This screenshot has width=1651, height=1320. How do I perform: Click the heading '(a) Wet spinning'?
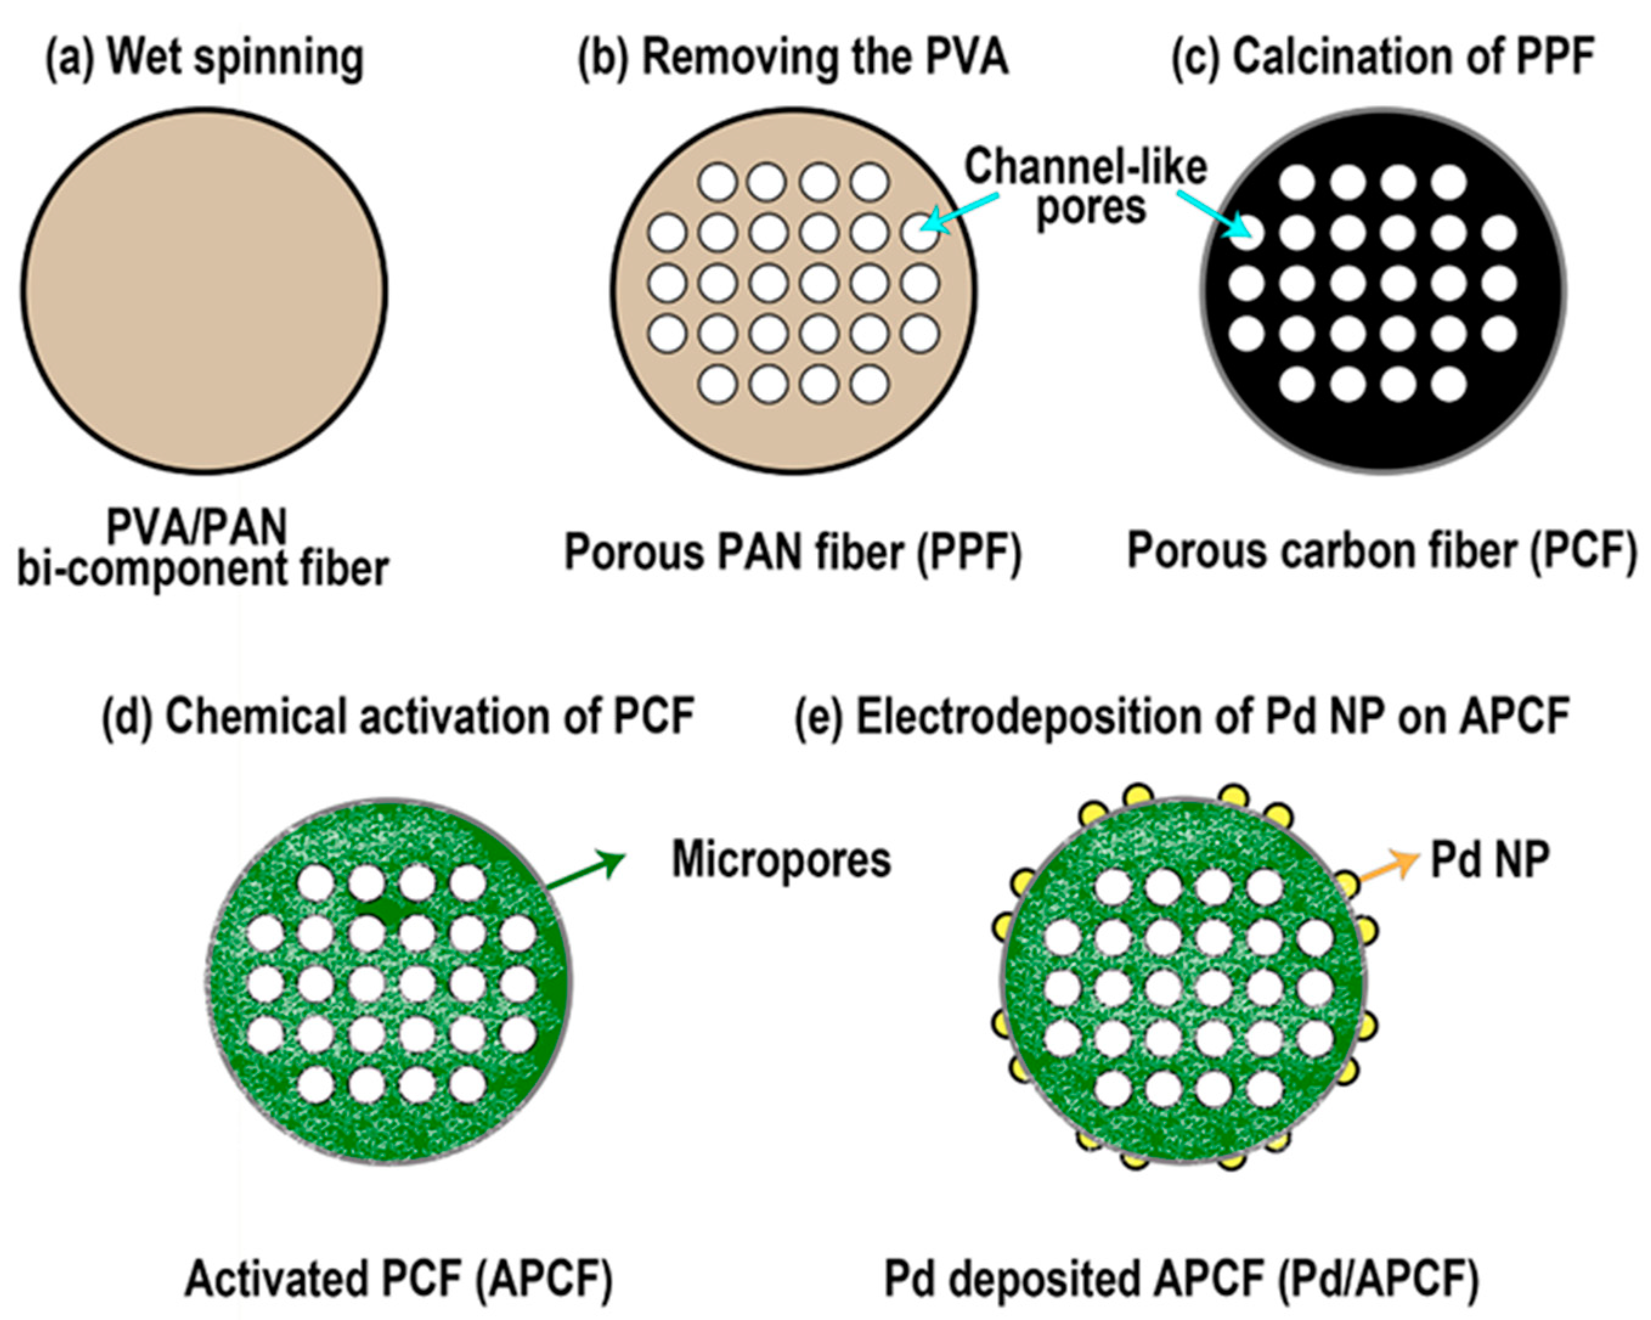coord(204,58)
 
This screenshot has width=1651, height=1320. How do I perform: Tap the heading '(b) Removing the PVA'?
coord(792,58)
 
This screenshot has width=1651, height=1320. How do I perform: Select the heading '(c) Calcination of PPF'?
coord(1383,58)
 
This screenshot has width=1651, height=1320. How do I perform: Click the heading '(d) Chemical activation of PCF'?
coord(398,717)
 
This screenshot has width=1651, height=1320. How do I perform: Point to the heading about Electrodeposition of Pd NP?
coord(1182,717)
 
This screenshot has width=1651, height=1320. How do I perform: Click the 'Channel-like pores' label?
coord(1086,187)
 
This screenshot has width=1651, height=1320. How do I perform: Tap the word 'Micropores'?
coord(781,860)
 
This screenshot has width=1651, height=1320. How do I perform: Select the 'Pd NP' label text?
coord(1490,860)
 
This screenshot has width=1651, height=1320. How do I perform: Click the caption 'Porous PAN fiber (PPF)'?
coord(792,551)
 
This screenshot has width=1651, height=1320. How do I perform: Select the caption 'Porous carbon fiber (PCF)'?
coord(1382,551)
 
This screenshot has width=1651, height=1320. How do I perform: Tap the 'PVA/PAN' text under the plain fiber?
coord(197,527)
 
